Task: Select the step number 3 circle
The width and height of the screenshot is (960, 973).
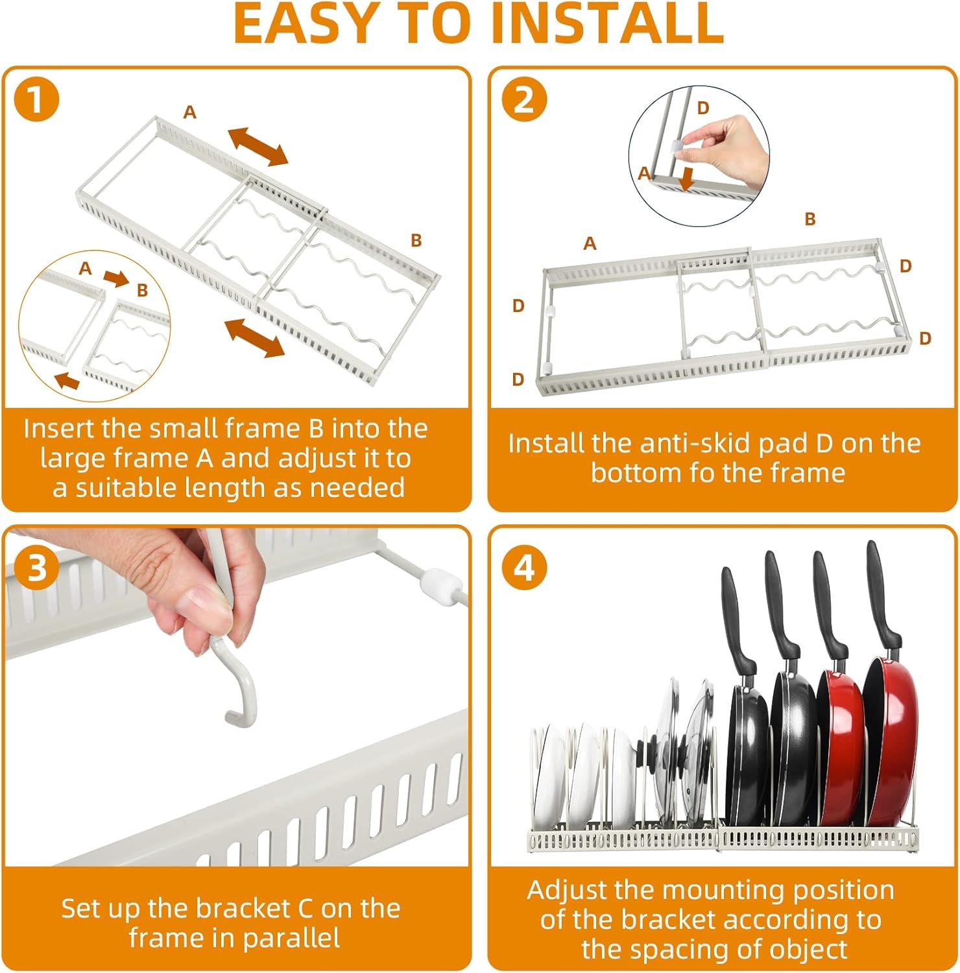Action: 36,568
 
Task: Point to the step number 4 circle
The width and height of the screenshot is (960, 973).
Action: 524,568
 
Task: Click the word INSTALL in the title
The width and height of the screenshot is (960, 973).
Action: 608,24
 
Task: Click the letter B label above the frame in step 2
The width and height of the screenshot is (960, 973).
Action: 810,219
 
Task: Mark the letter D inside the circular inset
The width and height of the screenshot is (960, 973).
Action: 703,108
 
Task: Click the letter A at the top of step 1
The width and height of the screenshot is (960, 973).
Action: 189,113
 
